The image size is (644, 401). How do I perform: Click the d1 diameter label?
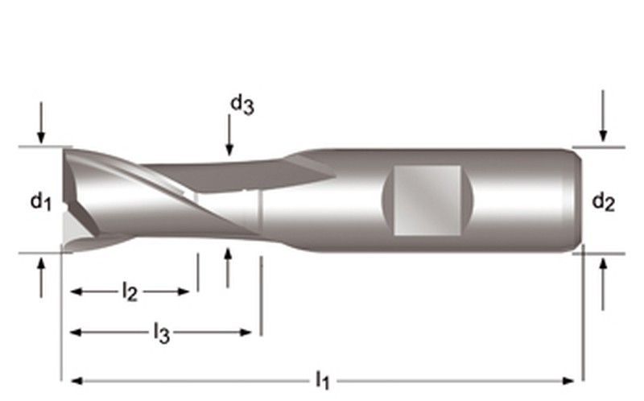pyautogui.click(x=41, y=201)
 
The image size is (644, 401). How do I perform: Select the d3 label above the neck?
pyautogui.click(x=242, y=104)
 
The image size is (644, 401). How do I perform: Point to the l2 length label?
pyautogui.click(x=130, y=292)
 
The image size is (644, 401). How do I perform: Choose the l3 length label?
pyautogui.click(x=161, y=333)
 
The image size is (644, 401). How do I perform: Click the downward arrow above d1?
pyautogui.click(x=41, y=125)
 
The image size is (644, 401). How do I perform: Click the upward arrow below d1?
pyautogui.click(x=41, y=276)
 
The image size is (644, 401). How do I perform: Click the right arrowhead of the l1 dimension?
pyautogui.click(x=571, y=380)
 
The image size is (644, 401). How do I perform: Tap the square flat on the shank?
pyautogui.click(x=427, y=199)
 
